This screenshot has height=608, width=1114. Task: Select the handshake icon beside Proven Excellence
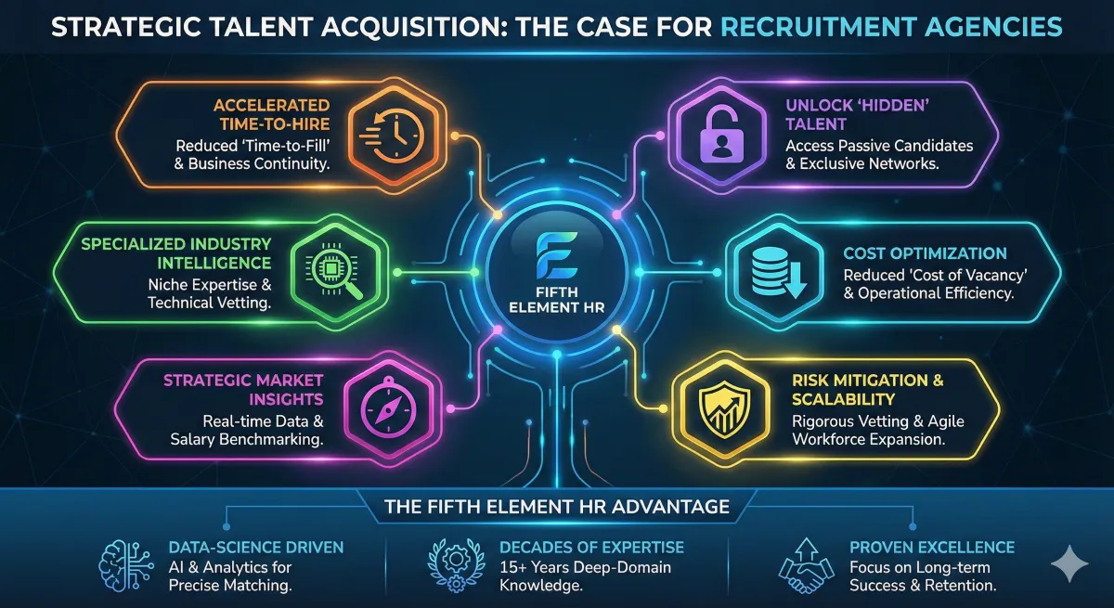click(x=805, y=561)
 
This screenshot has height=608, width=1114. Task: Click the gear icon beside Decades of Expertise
click(x=457, y=560)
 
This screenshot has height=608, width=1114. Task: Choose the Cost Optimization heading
click(x=925, y=252)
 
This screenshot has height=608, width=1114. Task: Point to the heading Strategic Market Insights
click(x=243, y=389)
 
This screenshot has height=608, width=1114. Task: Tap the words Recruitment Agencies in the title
click(x=891, y=27)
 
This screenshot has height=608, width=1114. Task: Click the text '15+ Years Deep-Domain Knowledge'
click(x=585, y=576)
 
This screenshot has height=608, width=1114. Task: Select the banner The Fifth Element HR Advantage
click(x=557, y=507)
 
